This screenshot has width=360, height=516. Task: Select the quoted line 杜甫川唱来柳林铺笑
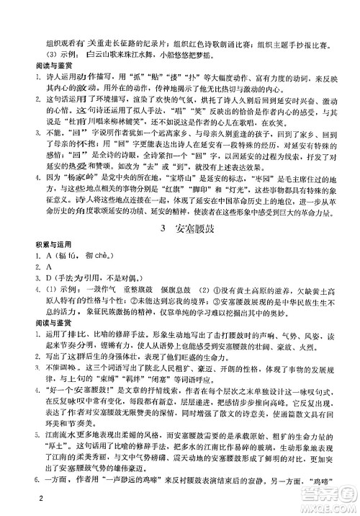(100, 123)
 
